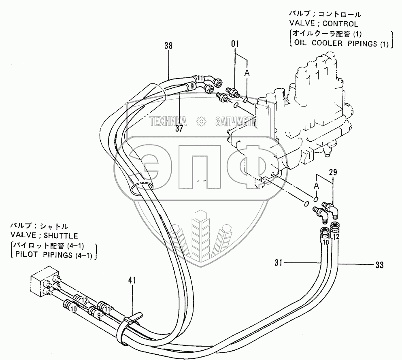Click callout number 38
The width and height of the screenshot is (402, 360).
click(168, 46)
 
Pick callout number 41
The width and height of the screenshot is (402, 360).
click(132, 280)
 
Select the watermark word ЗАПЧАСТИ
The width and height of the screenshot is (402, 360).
click(234, 121)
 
